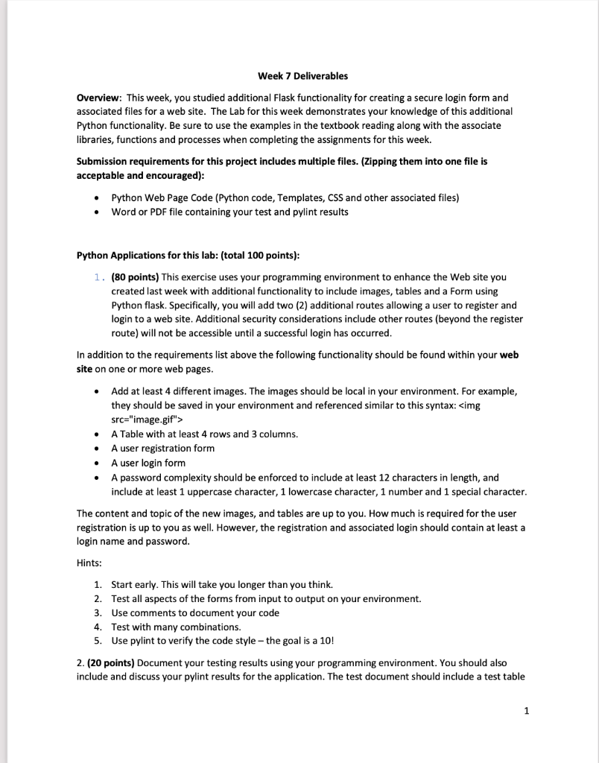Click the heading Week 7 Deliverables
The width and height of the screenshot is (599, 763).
tap(302, 76)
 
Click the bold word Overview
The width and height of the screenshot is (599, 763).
tap(100, 98)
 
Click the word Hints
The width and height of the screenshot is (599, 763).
tap(90, 563)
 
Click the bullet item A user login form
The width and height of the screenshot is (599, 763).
tap(148, 463)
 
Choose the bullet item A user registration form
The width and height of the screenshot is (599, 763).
tap(162, 448)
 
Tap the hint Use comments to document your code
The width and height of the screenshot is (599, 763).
tap(195, 612)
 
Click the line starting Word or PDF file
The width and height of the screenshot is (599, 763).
tap(229, 212)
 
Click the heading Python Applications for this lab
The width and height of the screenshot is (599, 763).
tap(188, 256)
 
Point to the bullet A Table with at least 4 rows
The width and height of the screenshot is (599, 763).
tap(204, 434)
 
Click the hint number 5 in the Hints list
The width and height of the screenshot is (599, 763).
tap(98, 641)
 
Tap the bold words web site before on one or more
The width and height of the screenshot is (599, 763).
tap(509, 355)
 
